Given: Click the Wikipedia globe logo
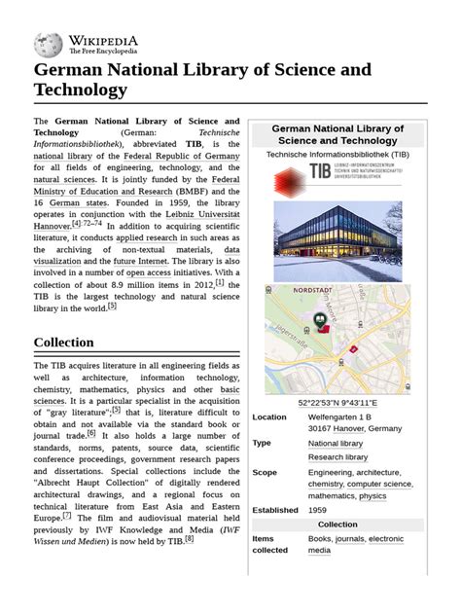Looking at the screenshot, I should (48, 44).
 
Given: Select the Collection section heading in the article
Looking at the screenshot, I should (63, 342).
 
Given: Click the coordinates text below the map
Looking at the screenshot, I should (337, 403).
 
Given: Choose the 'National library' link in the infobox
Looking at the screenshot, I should (336, 443).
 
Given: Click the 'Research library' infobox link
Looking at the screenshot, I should (337, 456).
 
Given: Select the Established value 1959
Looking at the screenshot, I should (318, 510).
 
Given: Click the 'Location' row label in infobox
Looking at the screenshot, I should (269, 417).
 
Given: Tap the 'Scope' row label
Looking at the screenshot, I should (265, 472).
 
